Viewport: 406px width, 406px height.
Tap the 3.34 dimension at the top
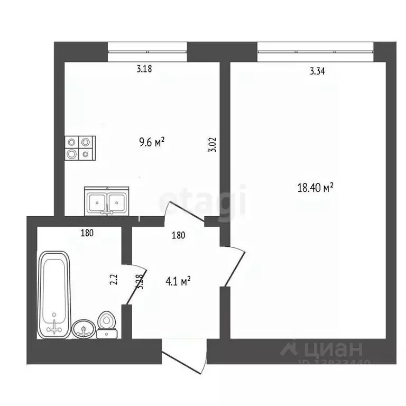(x=317, y=72)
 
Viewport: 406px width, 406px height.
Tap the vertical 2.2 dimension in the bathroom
(x=114, y=279)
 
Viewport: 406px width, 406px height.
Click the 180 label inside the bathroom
(x=87, y=233)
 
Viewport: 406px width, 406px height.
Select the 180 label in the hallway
(x=178, y=236)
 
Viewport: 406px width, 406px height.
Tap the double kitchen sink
(x=107, y=201)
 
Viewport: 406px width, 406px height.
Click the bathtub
(x=54, y=294)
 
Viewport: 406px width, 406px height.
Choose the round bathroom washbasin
(x=84, y=328)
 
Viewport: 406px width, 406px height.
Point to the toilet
(x=107, y=325)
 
